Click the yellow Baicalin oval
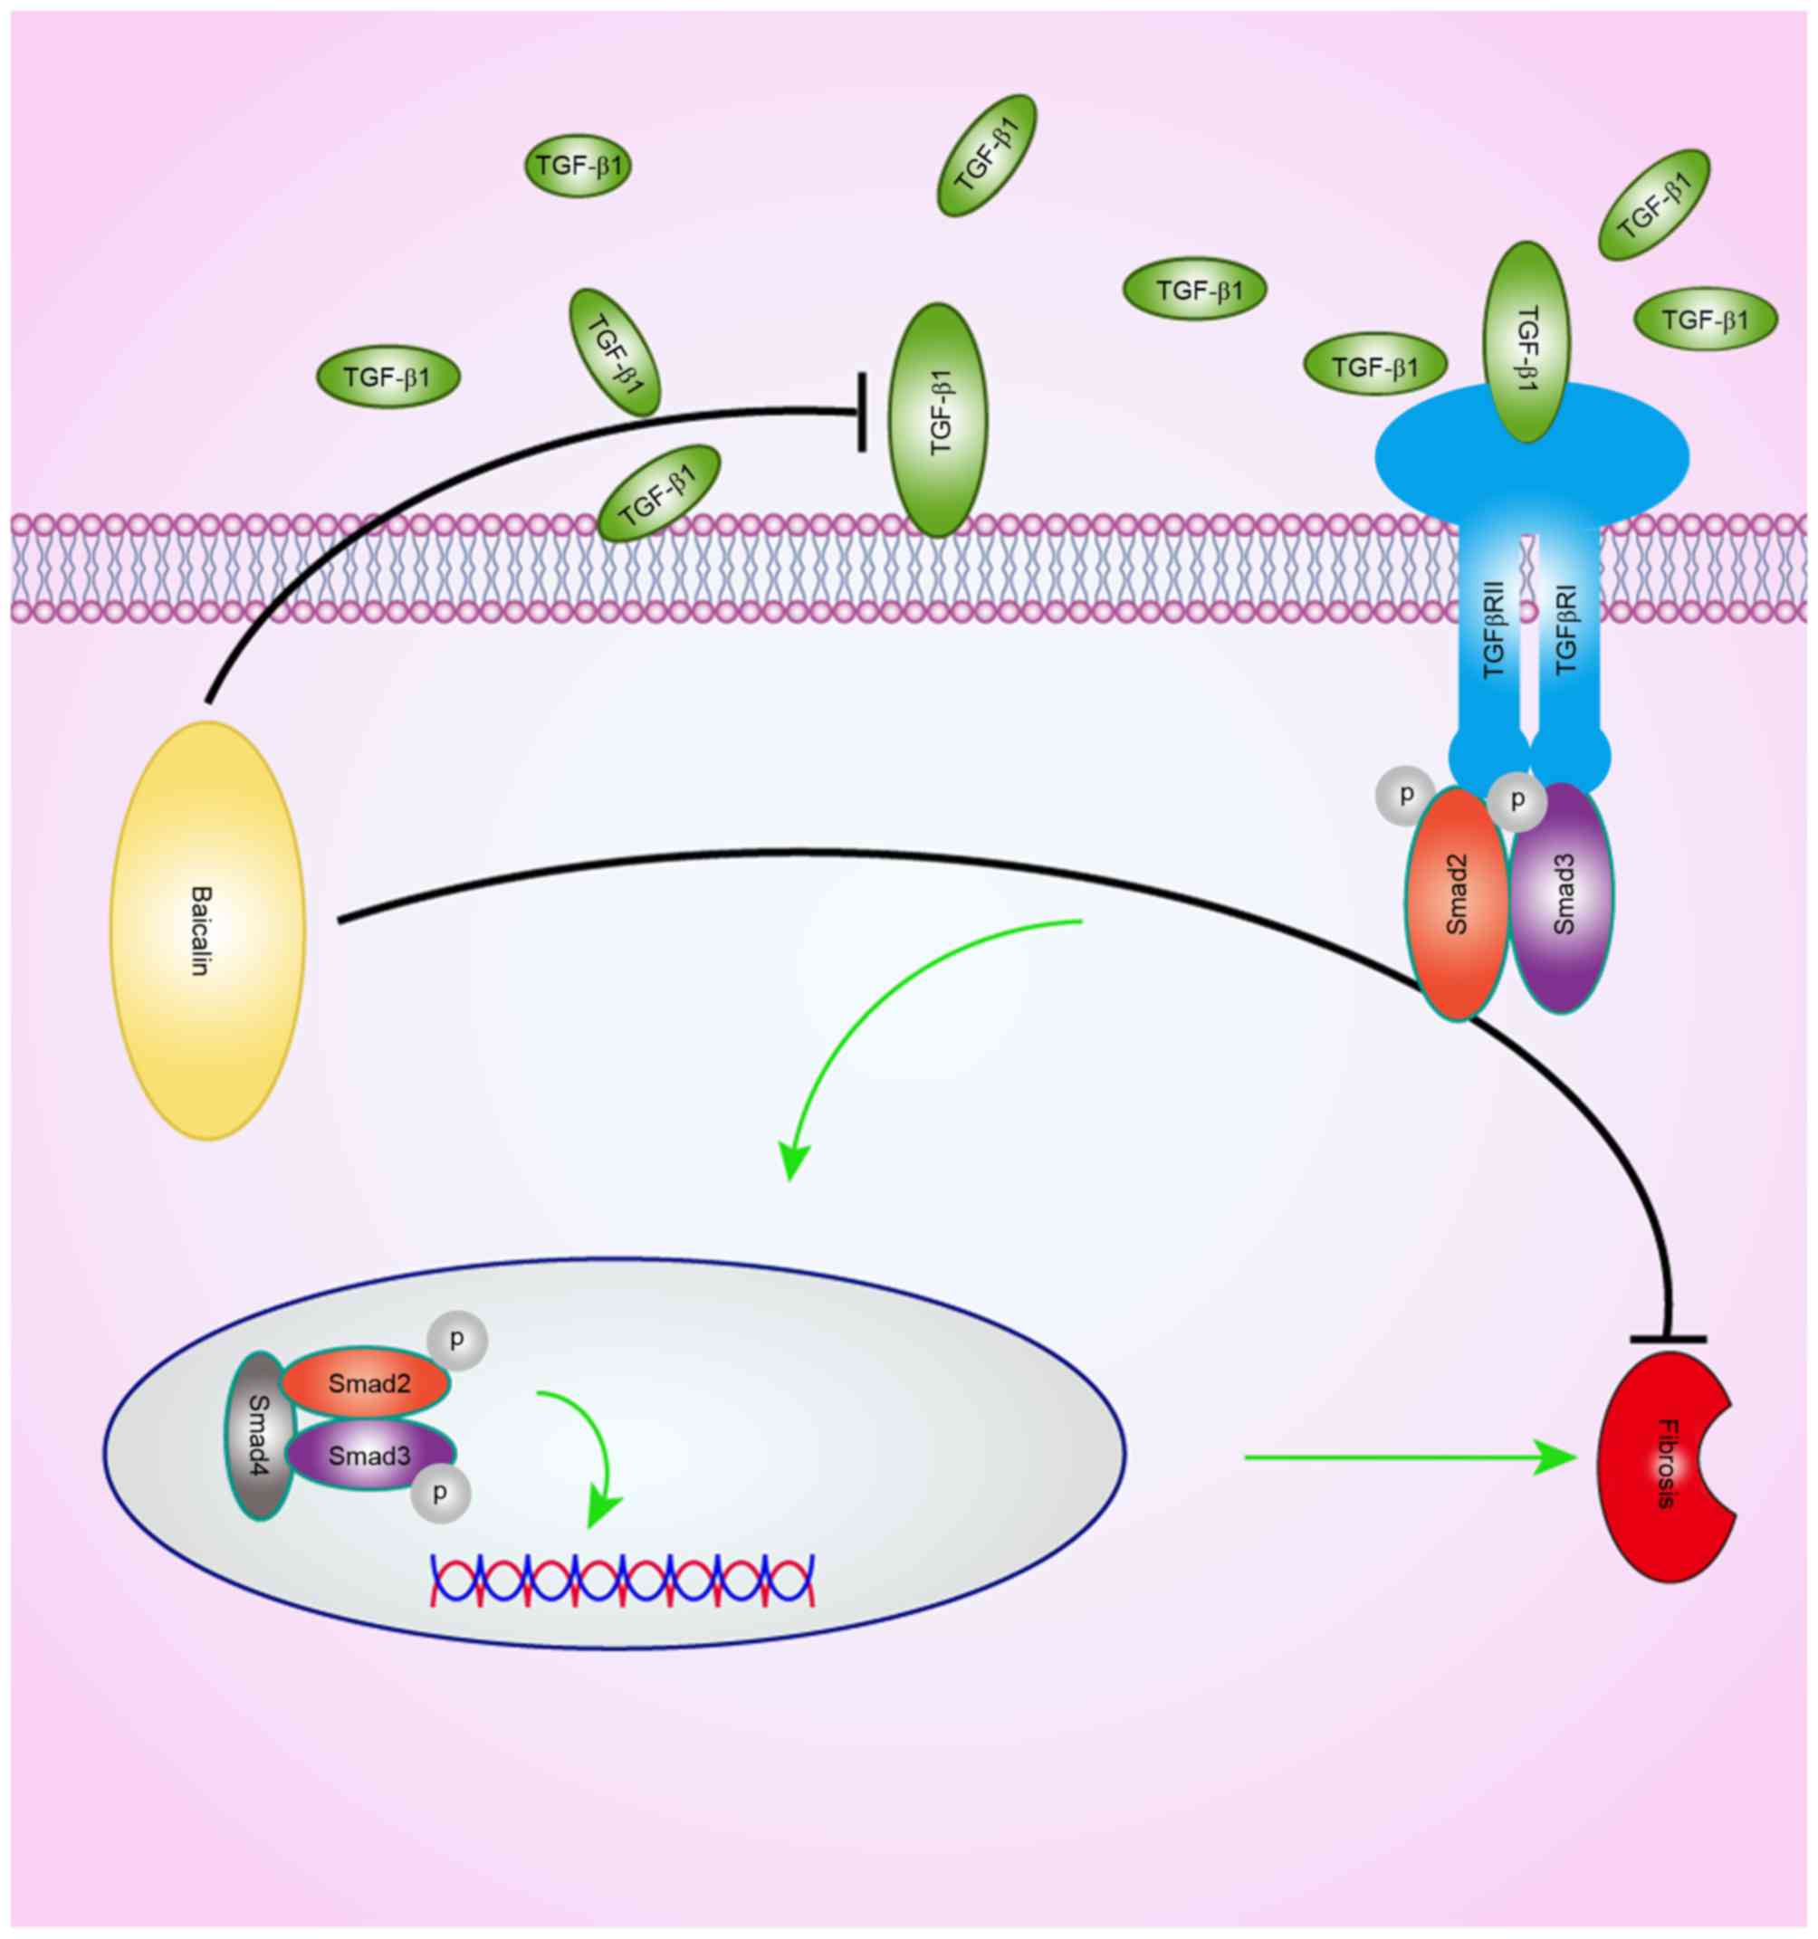point(207,931)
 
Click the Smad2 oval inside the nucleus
point(367,1383)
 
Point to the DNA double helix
point(621,1579)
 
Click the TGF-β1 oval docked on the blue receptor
point(1526,341)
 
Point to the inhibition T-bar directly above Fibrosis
point(1668,1340)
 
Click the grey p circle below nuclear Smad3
point(441,1494)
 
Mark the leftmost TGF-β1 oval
point(388,377)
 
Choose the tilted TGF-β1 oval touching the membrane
point(659,492)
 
